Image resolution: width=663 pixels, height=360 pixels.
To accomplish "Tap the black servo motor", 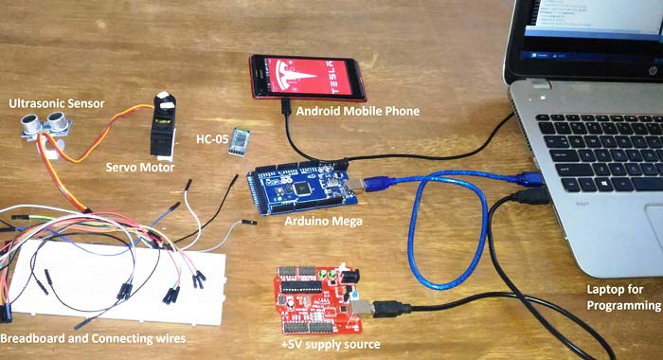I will tap(164, 125).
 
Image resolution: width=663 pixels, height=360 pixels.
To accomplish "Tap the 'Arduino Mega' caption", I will tap(323, 221).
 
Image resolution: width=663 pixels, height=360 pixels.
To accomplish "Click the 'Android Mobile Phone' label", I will tap(357, 111).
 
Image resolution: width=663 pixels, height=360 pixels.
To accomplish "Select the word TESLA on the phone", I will tap(344, 76).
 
